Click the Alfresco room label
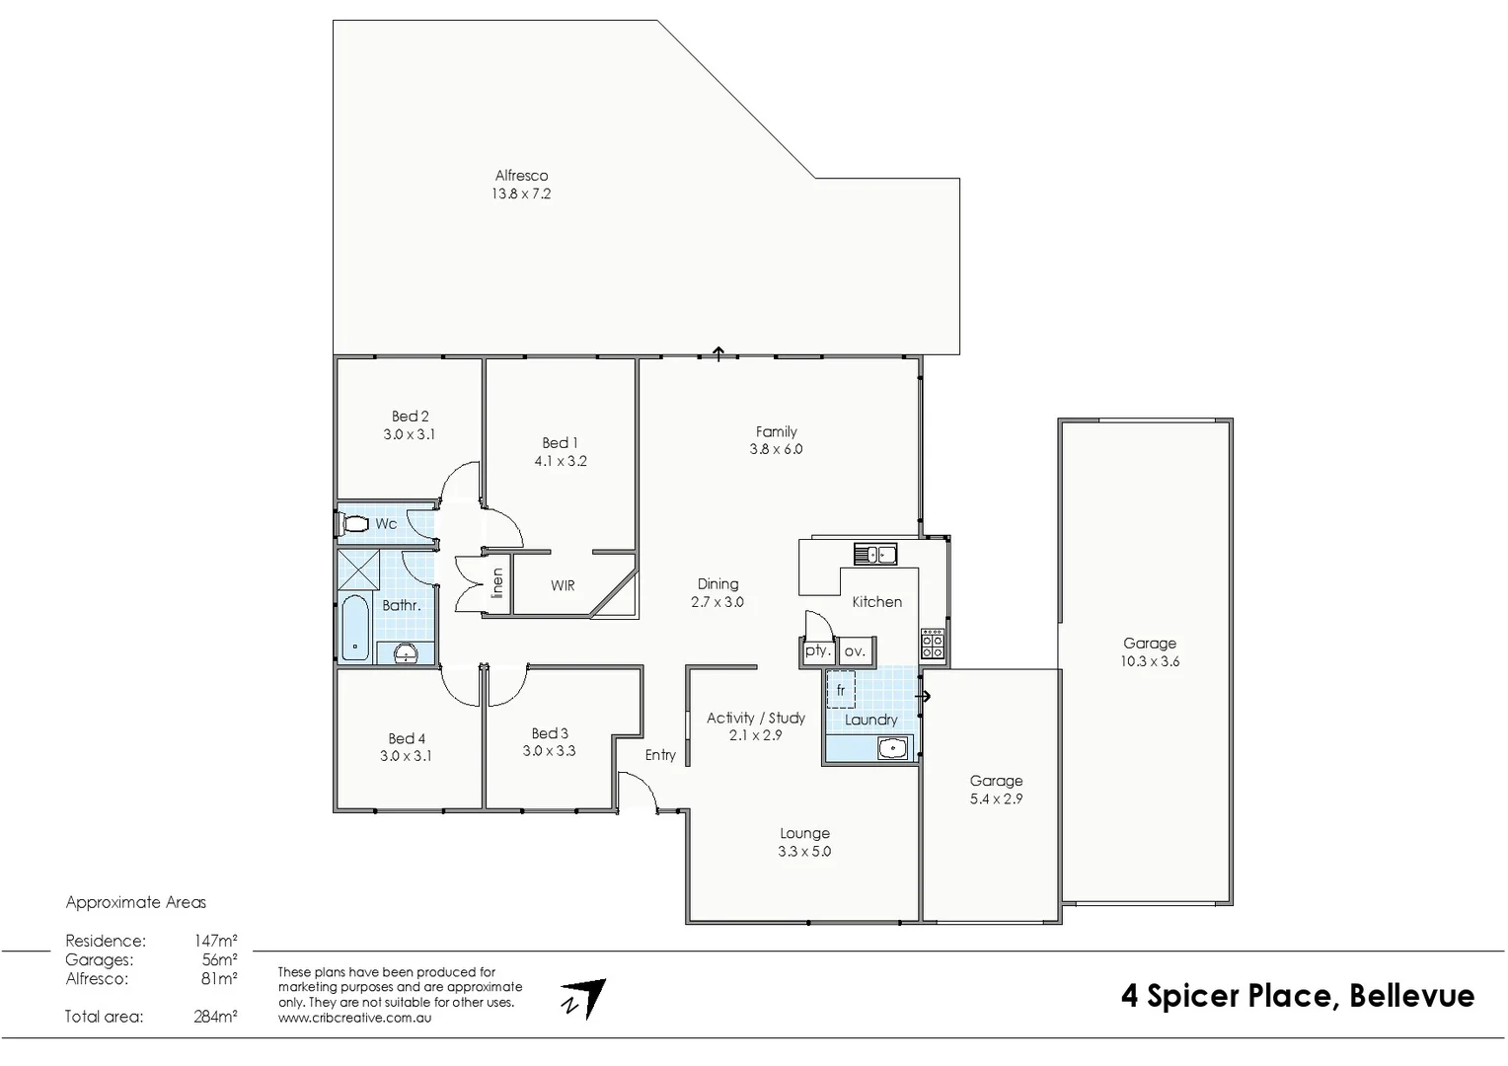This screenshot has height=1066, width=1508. tap(521, 176)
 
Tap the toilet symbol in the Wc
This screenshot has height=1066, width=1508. tap(352, 523)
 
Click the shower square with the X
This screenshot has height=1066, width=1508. tap(358, 569)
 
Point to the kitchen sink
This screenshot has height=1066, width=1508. tap(875, 554)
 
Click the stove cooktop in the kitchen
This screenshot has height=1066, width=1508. tap(932, 645)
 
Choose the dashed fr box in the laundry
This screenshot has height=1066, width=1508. tap(841, 690)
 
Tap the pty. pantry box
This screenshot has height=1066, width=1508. tap(817, 651)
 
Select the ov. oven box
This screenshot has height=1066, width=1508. tap(855, 651)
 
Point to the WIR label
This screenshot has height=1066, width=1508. tap(563, 585)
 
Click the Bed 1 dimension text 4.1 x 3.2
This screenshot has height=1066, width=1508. tap(561, 461)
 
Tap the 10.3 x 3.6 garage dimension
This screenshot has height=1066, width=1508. tap(1150, 661)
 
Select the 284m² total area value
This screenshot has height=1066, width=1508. tap(215, 1016)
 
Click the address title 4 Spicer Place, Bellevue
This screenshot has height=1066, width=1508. tap(1297, 996)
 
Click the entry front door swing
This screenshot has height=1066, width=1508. tap(638, 790)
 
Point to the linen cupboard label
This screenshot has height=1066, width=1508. tap(497, 583)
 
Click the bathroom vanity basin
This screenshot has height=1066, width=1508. tap(406, 652)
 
